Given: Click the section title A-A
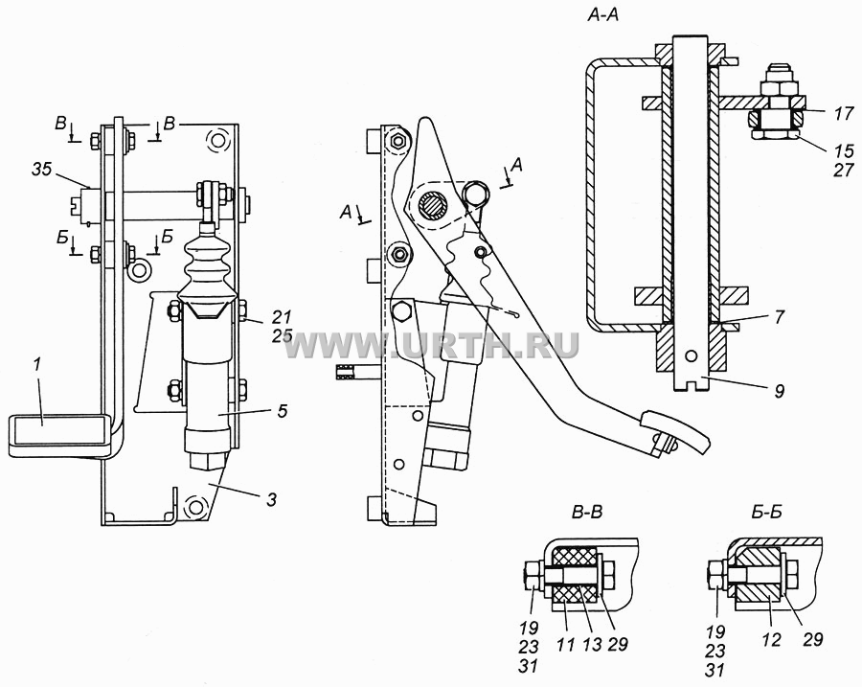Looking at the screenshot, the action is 603,15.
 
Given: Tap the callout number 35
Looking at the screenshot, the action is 41,170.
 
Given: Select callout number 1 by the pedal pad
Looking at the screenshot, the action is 37,366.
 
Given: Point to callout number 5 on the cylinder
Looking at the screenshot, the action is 282,411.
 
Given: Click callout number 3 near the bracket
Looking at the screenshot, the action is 271,499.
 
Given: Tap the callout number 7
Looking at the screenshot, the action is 779,317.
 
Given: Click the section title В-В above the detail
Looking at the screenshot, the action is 587,513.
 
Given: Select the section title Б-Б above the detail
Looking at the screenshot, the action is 766,513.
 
